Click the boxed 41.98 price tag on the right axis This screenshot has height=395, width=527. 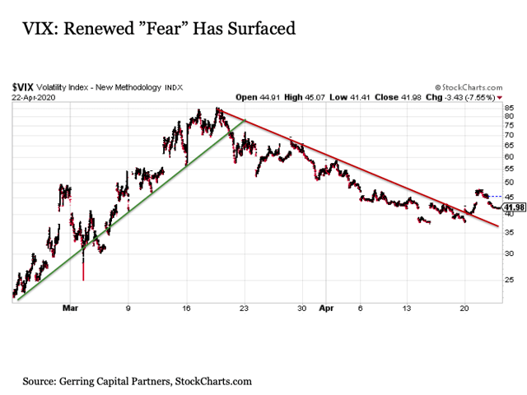coord(513,207)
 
